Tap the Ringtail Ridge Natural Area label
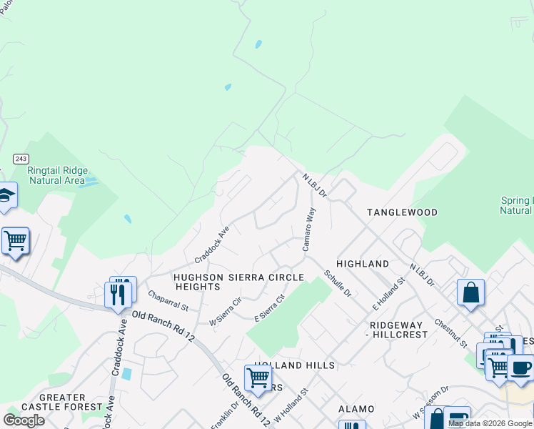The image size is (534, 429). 57,175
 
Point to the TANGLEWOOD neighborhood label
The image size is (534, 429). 402,212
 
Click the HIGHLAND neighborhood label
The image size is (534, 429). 363,264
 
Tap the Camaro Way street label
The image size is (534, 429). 308,229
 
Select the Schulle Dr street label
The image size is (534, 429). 337,283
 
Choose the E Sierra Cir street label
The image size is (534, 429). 271,307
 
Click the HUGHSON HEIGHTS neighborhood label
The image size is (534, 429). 198,282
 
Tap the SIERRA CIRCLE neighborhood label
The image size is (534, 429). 266,277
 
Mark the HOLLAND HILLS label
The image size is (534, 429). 293,365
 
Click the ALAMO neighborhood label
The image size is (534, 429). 356,409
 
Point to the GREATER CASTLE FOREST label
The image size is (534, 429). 63,402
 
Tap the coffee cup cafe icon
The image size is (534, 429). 520,368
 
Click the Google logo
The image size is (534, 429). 24,420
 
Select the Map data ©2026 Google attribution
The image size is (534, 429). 490,423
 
